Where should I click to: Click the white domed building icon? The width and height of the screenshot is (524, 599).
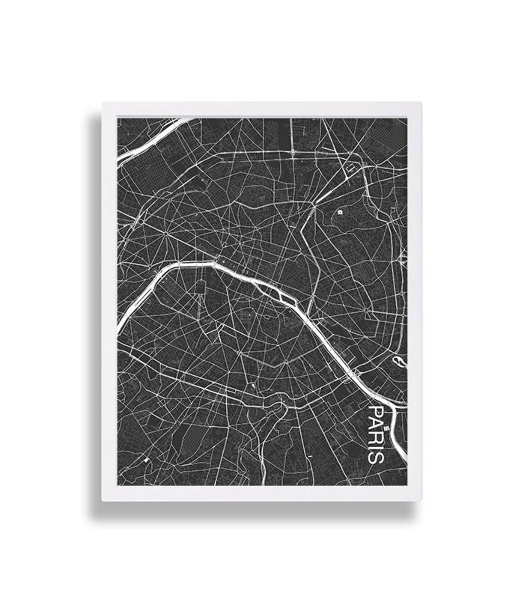(x=340, y=212)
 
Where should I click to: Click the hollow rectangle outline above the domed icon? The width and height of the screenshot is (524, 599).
(x=348, y=170)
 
